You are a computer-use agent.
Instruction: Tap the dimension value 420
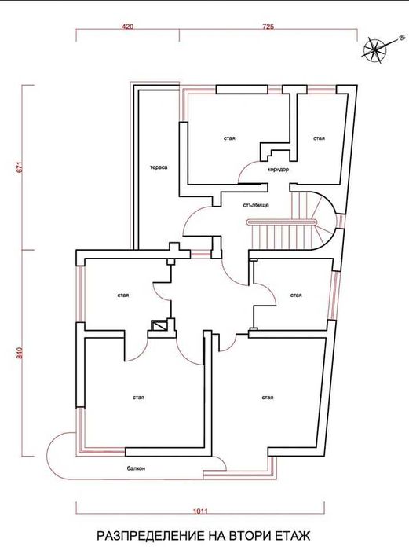pyautogui.click(x=128, y=27)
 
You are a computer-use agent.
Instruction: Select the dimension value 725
pyautogui.click(x=267, y=27)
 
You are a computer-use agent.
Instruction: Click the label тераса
pyautogui.click(x=159, y=167)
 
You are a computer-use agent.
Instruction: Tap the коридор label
pyautogui.click(x=278, y=170)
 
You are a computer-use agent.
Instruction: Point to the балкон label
pyautogui.click(x=136, y=468)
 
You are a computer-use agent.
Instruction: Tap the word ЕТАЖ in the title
pyautogui.click(x=294, y=535)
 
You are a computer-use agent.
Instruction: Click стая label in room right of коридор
pyautogui.click(x=319, y=138)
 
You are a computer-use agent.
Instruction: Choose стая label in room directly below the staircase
pyautogui.click(x=296, y=295)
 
